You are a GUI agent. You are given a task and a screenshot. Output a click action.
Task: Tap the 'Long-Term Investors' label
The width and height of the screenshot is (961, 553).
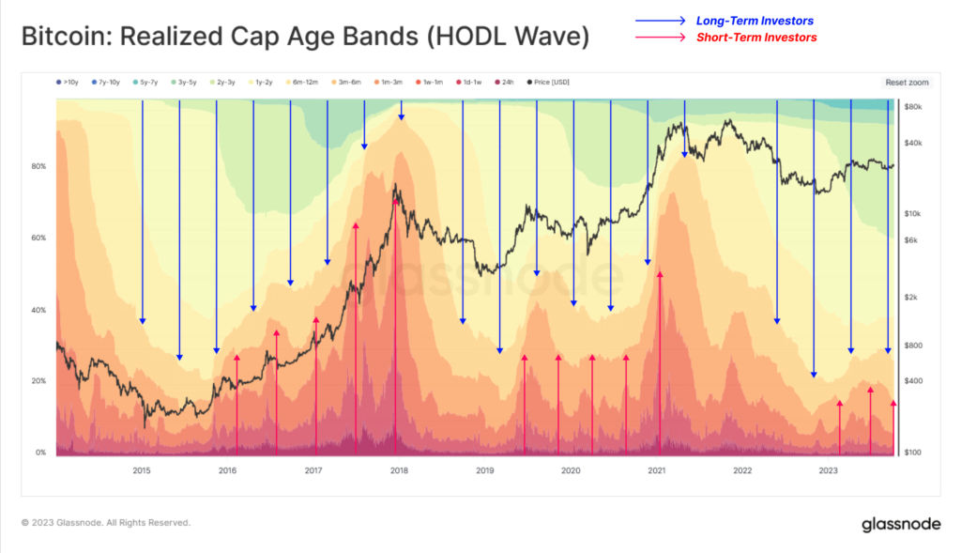pyautogui.click(x=755, y=21)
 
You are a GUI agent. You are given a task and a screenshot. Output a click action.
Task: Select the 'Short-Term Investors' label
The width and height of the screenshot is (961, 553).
pyautogui.click(x=756, y=38)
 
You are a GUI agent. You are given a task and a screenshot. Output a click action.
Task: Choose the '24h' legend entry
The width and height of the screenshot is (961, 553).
pyautogui.click(x=506, y=83)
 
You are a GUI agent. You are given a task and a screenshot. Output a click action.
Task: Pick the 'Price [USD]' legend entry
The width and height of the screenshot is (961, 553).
pyautogui.click(x=548, y=83)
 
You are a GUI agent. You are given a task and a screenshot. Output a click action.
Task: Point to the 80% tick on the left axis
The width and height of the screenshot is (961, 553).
pyautogui.click(x=38, y=166)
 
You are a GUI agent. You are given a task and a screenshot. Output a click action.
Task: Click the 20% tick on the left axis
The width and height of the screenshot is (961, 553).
pyautogui.click(x=38, y=381)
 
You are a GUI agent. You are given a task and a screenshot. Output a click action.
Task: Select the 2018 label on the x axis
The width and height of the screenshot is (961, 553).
pyautogui.click(x=398, y=470)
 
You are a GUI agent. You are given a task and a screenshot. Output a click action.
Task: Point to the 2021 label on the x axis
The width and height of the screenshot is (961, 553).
pyautogui.click(x=656, y=470)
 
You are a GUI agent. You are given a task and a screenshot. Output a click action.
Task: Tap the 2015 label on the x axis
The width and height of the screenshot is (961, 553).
pyautogui.click(x=141, y=470)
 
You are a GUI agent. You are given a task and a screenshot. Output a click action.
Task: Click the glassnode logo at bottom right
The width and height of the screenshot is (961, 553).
pyautogui.click(x=901, y=523)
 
